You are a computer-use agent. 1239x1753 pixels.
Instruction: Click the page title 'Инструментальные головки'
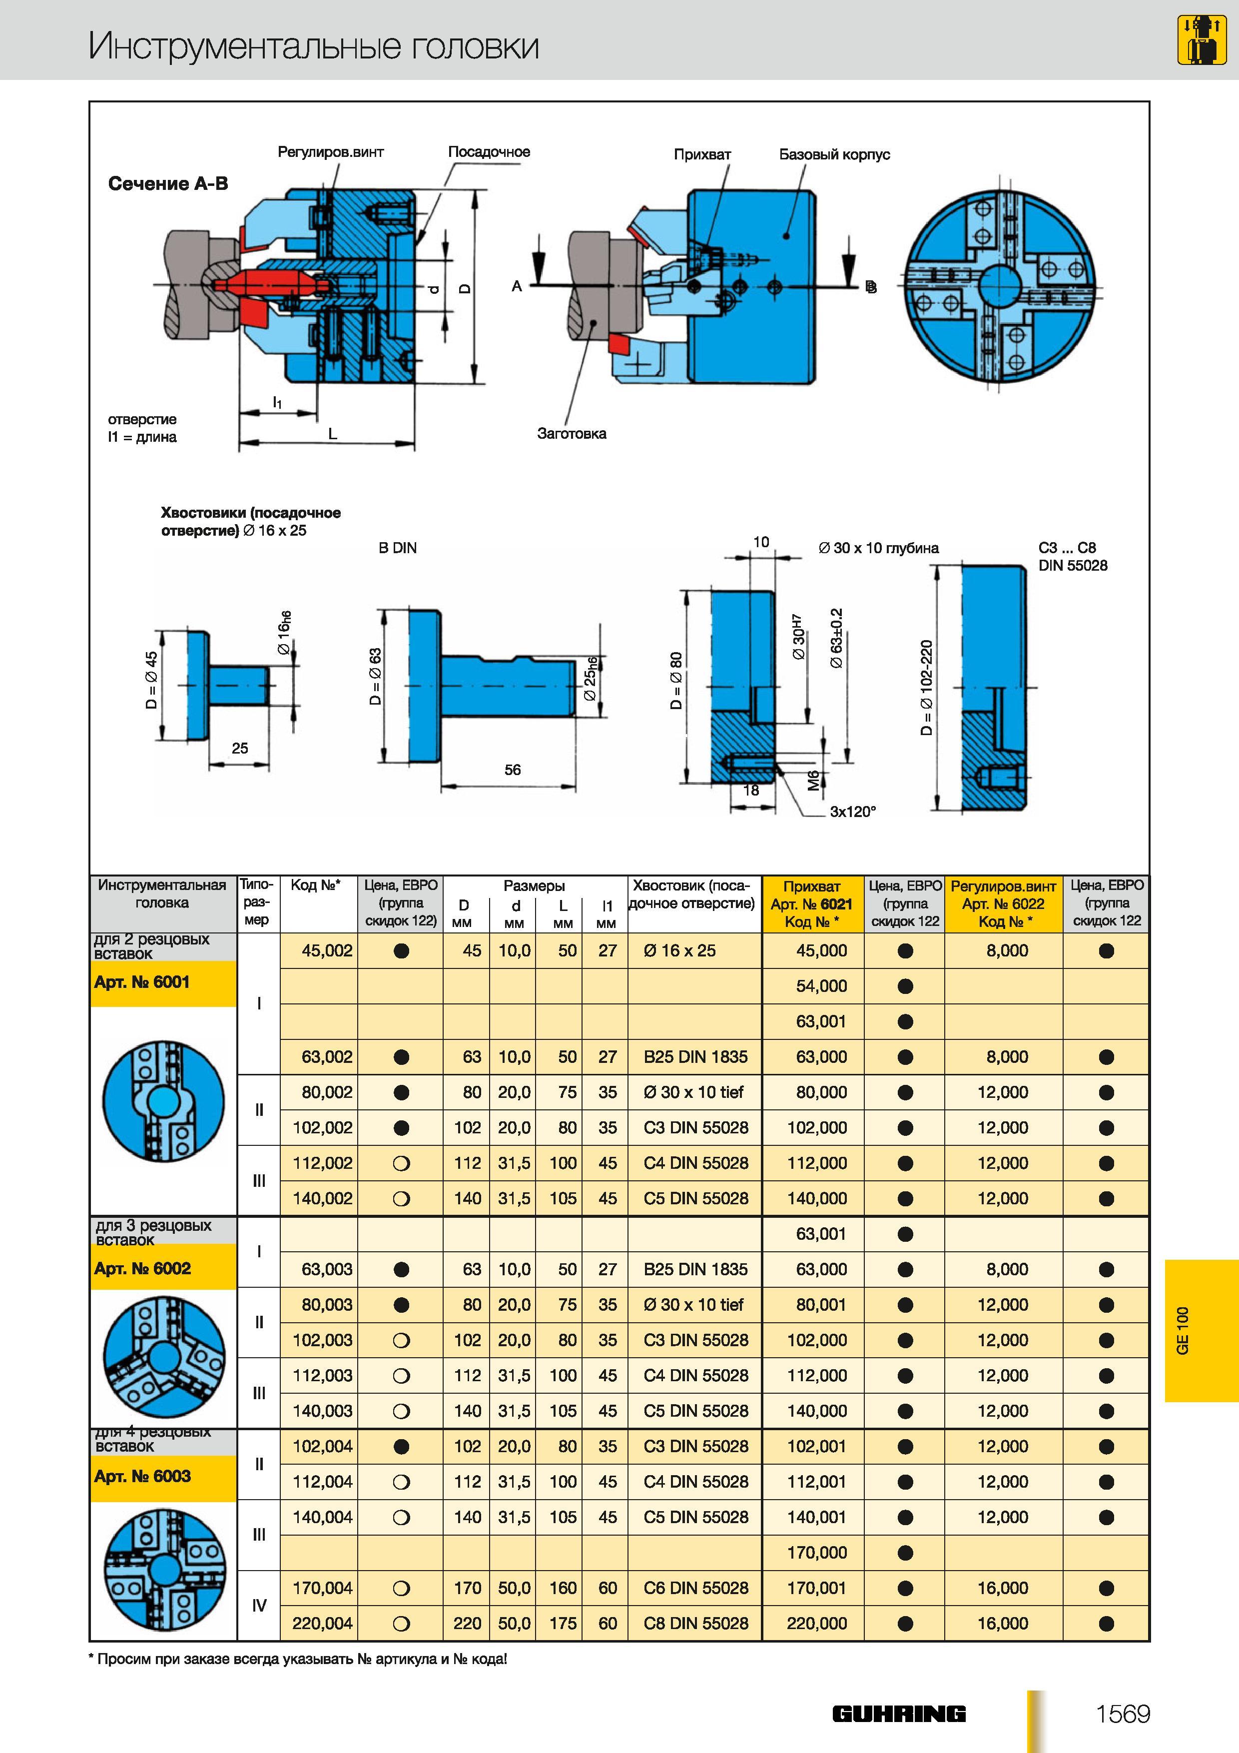click(x=314, y=46)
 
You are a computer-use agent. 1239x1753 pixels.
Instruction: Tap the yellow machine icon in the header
click(x=1202, y=39)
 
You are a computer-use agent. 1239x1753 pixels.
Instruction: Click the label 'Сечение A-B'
click(x=168, y=183)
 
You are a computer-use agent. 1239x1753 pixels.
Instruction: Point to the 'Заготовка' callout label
click(x=571, y=434)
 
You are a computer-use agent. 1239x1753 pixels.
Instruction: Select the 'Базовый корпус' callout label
click(x=834, y=154)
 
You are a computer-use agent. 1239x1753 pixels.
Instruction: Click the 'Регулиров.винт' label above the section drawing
click(x=331, y=152)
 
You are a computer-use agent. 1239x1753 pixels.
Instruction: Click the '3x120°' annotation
click(x=853, y=812)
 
